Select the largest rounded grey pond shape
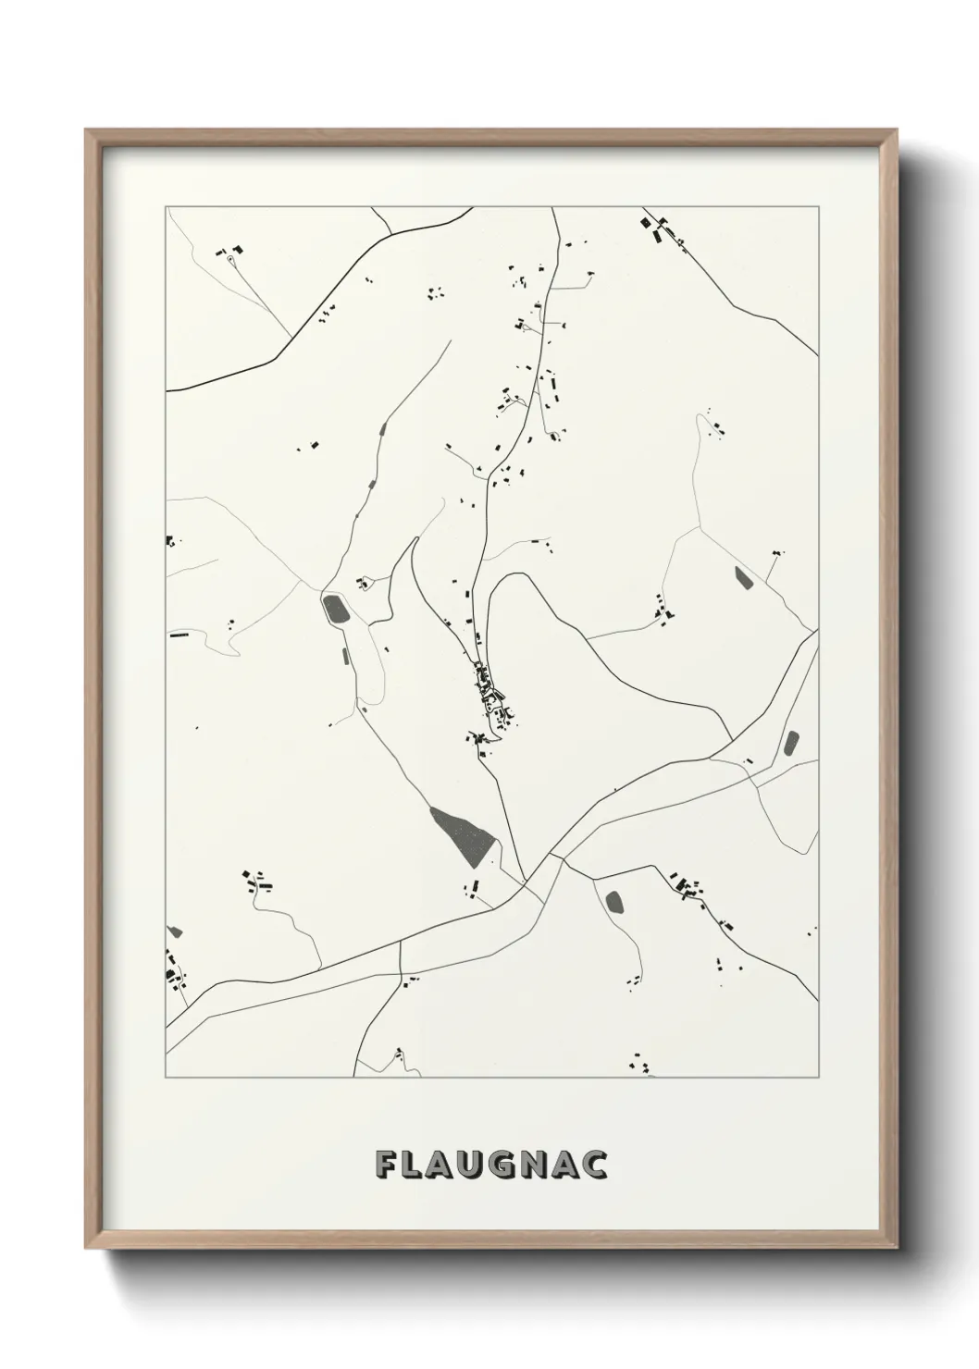[334, 610]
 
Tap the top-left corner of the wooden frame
[86, 130]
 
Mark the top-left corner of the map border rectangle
[167, 207]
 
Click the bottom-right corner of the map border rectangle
[818, 1078]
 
